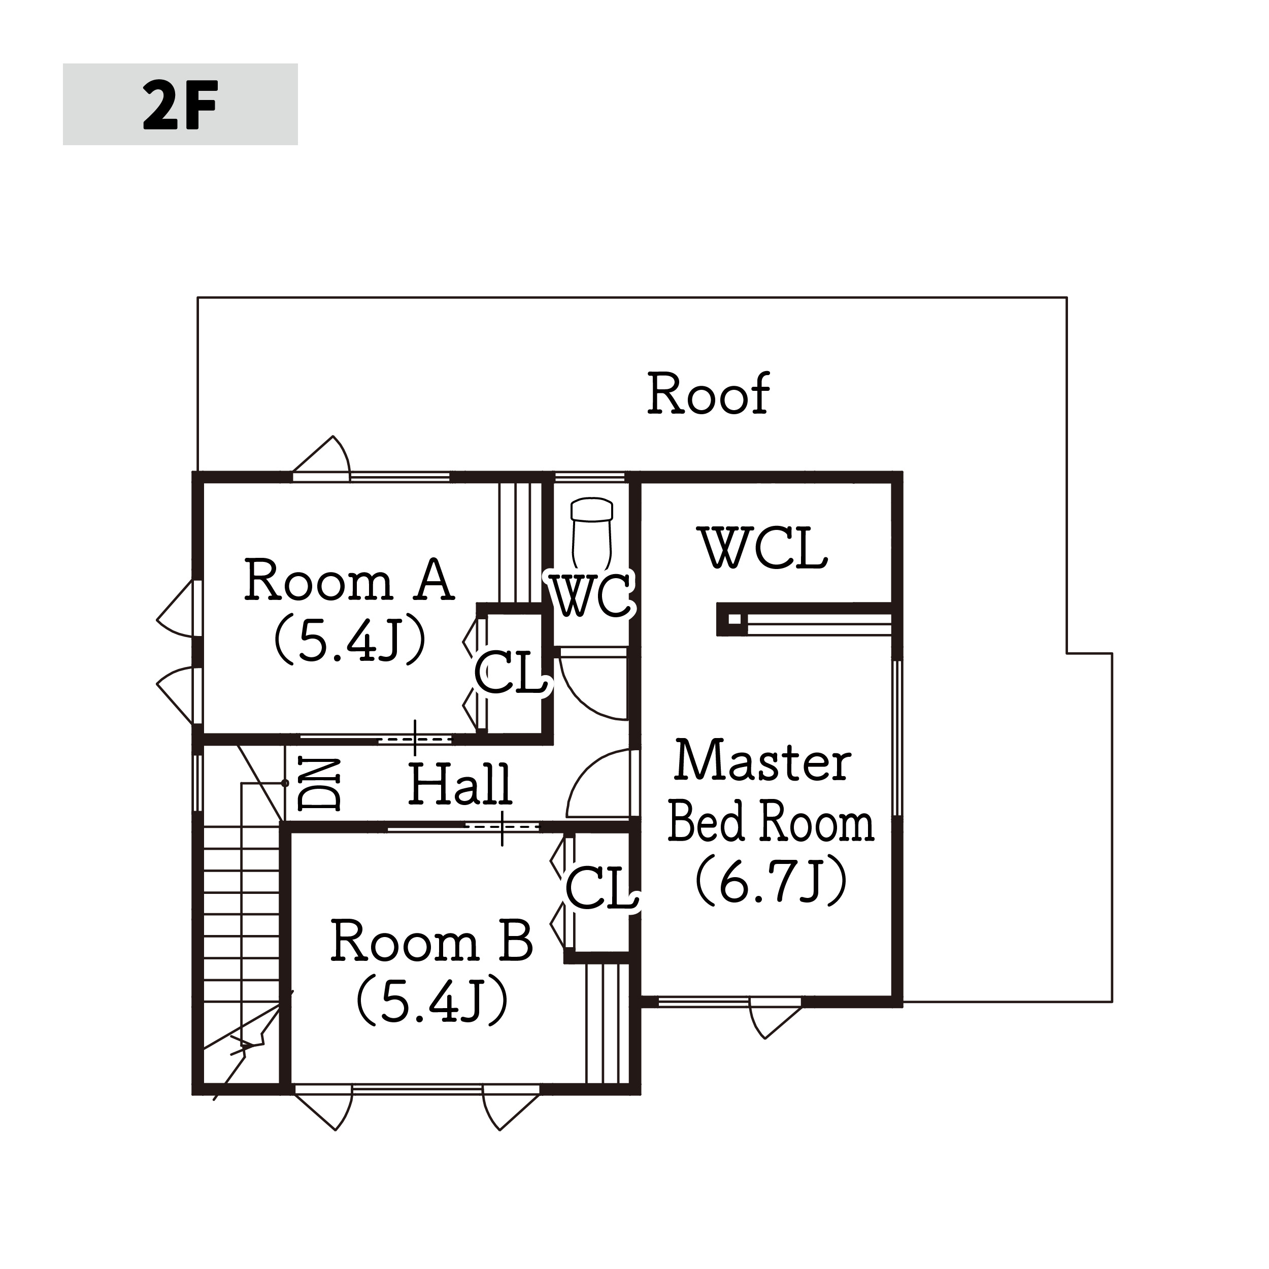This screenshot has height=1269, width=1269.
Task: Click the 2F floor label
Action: coord(180,105)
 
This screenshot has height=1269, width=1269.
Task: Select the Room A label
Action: coord(349,580)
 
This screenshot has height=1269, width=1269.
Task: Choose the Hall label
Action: coord(460,784)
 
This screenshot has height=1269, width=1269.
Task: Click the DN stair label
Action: coord(319,784)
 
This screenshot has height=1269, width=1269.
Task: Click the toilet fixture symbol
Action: coord(592,533)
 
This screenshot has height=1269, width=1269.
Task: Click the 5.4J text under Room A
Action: coord(349,641)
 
